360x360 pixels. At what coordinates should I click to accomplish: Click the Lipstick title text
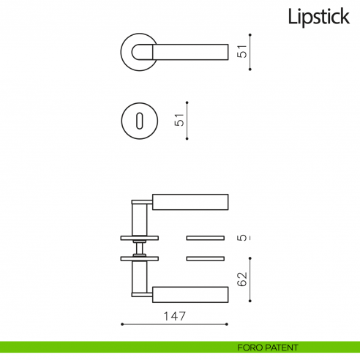click(x=318, y=17)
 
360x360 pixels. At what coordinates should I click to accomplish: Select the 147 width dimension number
click(x=173, y=316)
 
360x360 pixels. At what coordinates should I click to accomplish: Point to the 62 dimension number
click(x=242, y=280)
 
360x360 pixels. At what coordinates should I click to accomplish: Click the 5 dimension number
click(x=242, y=238)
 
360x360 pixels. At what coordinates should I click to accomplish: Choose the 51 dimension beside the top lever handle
click(x=242, y=51)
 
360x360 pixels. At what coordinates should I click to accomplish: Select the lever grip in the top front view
click(x=190, y=51)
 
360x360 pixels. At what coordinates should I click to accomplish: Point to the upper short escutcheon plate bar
click(x=207, y=238)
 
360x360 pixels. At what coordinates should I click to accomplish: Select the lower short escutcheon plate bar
click(x=207, y=258)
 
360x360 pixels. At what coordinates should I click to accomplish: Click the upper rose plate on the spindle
click(x=138, y=237)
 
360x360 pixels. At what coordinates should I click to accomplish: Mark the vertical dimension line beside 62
click(x=251, y=278)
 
